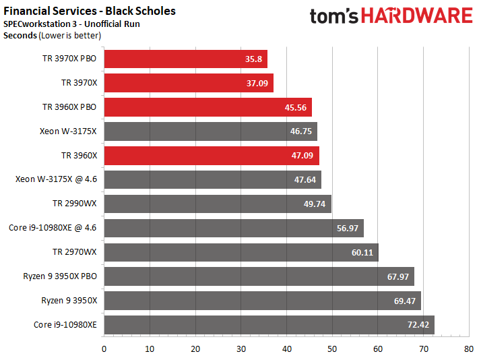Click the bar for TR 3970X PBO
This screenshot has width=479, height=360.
[x=186, y=59]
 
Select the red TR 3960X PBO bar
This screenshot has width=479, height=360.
[x=208, y=107]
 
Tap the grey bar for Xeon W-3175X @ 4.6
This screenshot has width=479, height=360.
[x=213, y=180]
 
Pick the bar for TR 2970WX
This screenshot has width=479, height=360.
[x=241, y=252]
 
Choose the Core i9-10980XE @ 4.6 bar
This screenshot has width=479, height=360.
[x=234, y=228]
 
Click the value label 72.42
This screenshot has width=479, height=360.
[x=418, y=324]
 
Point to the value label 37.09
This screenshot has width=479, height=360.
[x=257, y=83]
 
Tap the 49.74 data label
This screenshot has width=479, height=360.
[x=315, y=204]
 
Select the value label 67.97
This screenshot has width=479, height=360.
[x=397, y=276]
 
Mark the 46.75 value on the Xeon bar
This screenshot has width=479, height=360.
[x=301, y=131]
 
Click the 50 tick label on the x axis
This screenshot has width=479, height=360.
[x=332, y=349]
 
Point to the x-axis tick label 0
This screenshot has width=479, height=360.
[x=104, y=349]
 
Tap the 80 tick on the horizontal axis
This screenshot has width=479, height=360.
[x=469, y=349]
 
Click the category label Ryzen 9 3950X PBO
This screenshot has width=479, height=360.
[x=60, y=276]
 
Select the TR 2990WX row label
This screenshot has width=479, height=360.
[x=75, y=204]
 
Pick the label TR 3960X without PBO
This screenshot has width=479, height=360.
[x=79, y=156]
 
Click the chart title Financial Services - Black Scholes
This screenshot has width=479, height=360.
[x=90, y=11]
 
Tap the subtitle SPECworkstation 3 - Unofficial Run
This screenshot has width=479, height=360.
[x=71, y=24]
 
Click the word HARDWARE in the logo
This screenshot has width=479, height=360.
[x=417, y=16]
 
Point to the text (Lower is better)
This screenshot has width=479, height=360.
[x=69, y=36]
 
